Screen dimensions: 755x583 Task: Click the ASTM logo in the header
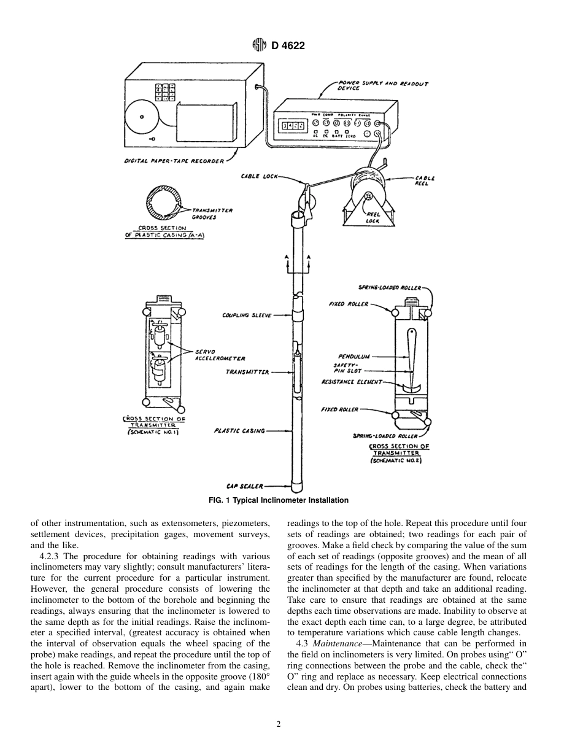(260, 45)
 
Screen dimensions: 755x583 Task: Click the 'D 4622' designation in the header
(288, 45)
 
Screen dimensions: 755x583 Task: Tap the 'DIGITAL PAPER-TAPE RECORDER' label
(174, 160)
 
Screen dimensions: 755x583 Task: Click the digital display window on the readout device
(293, 126)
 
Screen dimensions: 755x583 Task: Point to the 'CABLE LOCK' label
(259, 177)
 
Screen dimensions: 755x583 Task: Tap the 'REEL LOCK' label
(373, 218)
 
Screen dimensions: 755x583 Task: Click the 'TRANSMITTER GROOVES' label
(212, 212)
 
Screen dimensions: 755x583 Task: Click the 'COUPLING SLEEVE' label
(247, 316)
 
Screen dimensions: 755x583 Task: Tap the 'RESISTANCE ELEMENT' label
(352, 382)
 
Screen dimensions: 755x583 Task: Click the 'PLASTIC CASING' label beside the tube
(239, 431)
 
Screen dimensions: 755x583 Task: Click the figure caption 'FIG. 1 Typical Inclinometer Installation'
(279, 500)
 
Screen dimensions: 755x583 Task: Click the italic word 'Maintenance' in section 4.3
(335, 643)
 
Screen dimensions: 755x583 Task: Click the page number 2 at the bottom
(279, 724)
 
